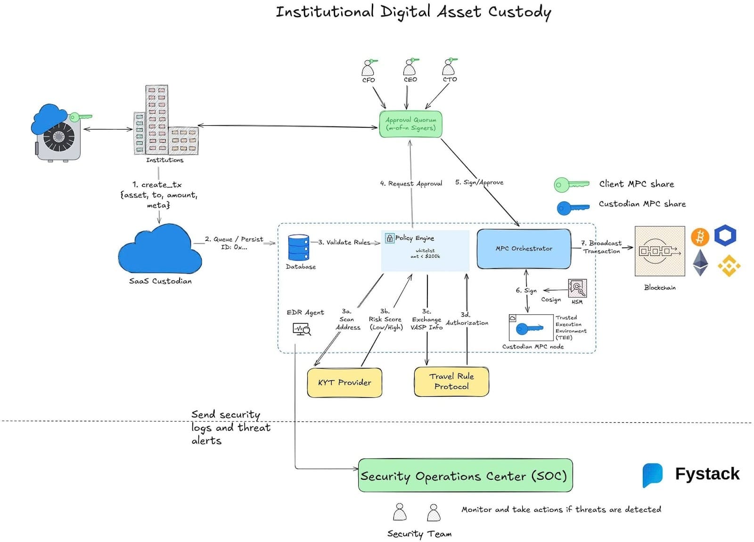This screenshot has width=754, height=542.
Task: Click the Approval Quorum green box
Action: click(x=410, y=124)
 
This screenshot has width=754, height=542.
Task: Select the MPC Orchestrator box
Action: click(x=524, y=248)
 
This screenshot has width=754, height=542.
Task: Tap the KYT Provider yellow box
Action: click(x=344, y=382)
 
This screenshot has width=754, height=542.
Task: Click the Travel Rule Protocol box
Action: click(x=451, y=381)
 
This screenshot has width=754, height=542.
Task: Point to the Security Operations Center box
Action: click(x=465, y=476)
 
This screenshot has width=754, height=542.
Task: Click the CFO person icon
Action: click(x=368, y=69)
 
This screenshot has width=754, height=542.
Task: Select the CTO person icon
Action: click(x=448, y=68)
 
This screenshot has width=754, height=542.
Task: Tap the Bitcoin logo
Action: click(x=700, y=237)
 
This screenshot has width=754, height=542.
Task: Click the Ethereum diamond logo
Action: click(x=700, y=263)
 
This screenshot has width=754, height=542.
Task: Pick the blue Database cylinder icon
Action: click(x=298, y=247)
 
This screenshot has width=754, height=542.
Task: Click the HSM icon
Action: click(x=577, y=288)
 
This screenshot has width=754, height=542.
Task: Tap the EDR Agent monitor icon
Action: click(x=302, y=329)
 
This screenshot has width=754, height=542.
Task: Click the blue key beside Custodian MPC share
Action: click(x=572, y=207)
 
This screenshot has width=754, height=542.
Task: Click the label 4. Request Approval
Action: click(x=411, y=184)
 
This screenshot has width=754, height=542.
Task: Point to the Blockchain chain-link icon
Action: click(x=659, y=251)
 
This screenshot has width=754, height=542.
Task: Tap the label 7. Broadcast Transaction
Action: click(x=601, y=247)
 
